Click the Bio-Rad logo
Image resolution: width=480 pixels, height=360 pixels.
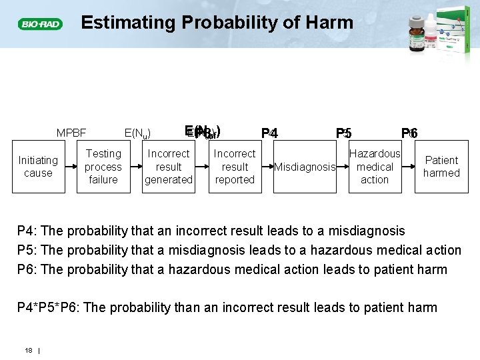pyautogui.click(x=40, y=24)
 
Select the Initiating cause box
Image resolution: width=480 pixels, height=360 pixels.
pyautogui.click(x=38, y=167)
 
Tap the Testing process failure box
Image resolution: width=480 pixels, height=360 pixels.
pyautogui.click(x=103, y=167)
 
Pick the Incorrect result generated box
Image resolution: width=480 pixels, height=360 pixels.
pyautogui.click(x=169, y=167)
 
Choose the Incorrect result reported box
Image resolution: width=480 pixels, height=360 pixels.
pyautogui.click(x=235, y=167)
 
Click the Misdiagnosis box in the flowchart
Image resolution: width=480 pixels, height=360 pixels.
pyautogui.click(x=305, y=167)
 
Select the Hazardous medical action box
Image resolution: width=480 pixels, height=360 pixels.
pyautogui.click(x=375, y=167)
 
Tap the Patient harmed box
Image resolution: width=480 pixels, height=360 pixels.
pyautogui.click(x=441, y=167)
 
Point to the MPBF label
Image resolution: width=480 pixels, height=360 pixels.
pyautogui.click(x=71, y=133)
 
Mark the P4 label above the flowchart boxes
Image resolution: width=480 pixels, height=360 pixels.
pyautogui.click(x=269, y=133)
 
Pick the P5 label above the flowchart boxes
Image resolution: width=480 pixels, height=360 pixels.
pyautogui.click(x=343, y=133)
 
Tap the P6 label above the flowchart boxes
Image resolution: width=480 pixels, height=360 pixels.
pyautogui.click(x=409, y=133)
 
